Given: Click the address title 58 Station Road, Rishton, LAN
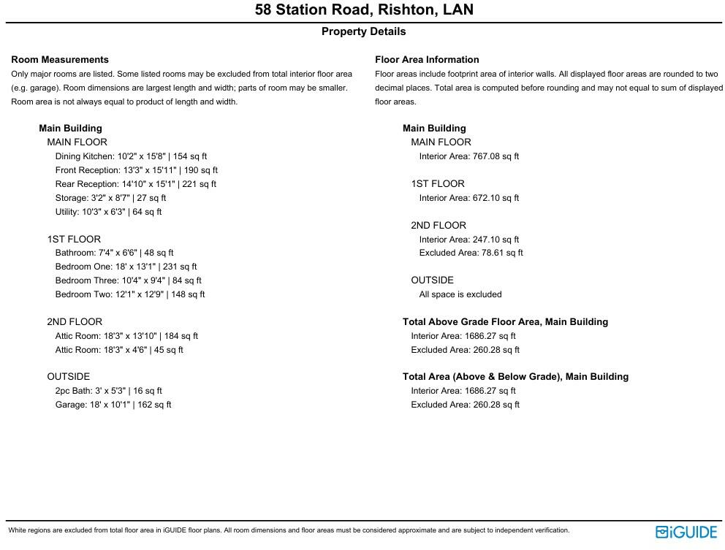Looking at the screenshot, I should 364,10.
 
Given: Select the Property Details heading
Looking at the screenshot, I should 363,31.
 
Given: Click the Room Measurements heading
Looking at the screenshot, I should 60,60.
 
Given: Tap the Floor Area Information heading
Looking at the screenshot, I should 427,60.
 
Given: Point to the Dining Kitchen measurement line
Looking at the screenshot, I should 131,156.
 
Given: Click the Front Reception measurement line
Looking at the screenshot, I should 137,170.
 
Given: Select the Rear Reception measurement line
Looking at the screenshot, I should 135,184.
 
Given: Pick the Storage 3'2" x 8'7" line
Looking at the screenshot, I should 110,198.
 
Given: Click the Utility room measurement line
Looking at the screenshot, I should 108,212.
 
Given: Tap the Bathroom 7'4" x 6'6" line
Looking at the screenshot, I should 114,253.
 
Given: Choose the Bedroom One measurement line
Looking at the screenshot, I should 126,267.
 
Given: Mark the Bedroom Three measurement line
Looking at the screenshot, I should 128,280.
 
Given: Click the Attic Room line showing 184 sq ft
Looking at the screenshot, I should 126,336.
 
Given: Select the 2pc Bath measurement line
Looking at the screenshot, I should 108,391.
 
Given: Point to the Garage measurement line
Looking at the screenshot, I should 113,405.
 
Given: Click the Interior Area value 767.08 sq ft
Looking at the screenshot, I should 468,156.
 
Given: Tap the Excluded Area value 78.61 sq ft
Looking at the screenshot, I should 471,253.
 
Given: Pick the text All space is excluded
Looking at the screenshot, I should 460,294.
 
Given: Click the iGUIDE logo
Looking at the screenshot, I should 686,532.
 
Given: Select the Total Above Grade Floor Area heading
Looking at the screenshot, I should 505,322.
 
